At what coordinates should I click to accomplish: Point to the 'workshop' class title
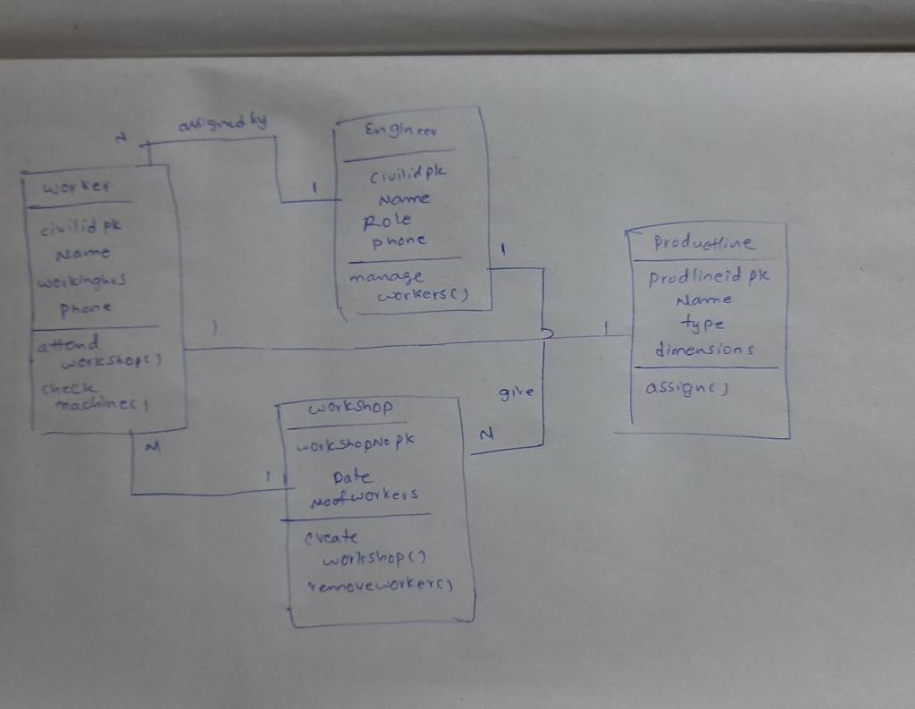[350, 408]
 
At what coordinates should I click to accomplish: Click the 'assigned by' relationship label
[223, 123]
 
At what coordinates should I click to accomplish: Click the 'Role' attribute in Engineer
[388, 219]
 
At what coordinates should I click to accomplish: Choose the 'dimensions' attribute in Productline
[703, 350]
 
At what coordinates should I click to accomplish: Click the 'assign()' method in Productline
[686, 389]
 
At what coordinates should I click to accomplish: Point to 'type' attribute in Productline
[701, 325]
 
